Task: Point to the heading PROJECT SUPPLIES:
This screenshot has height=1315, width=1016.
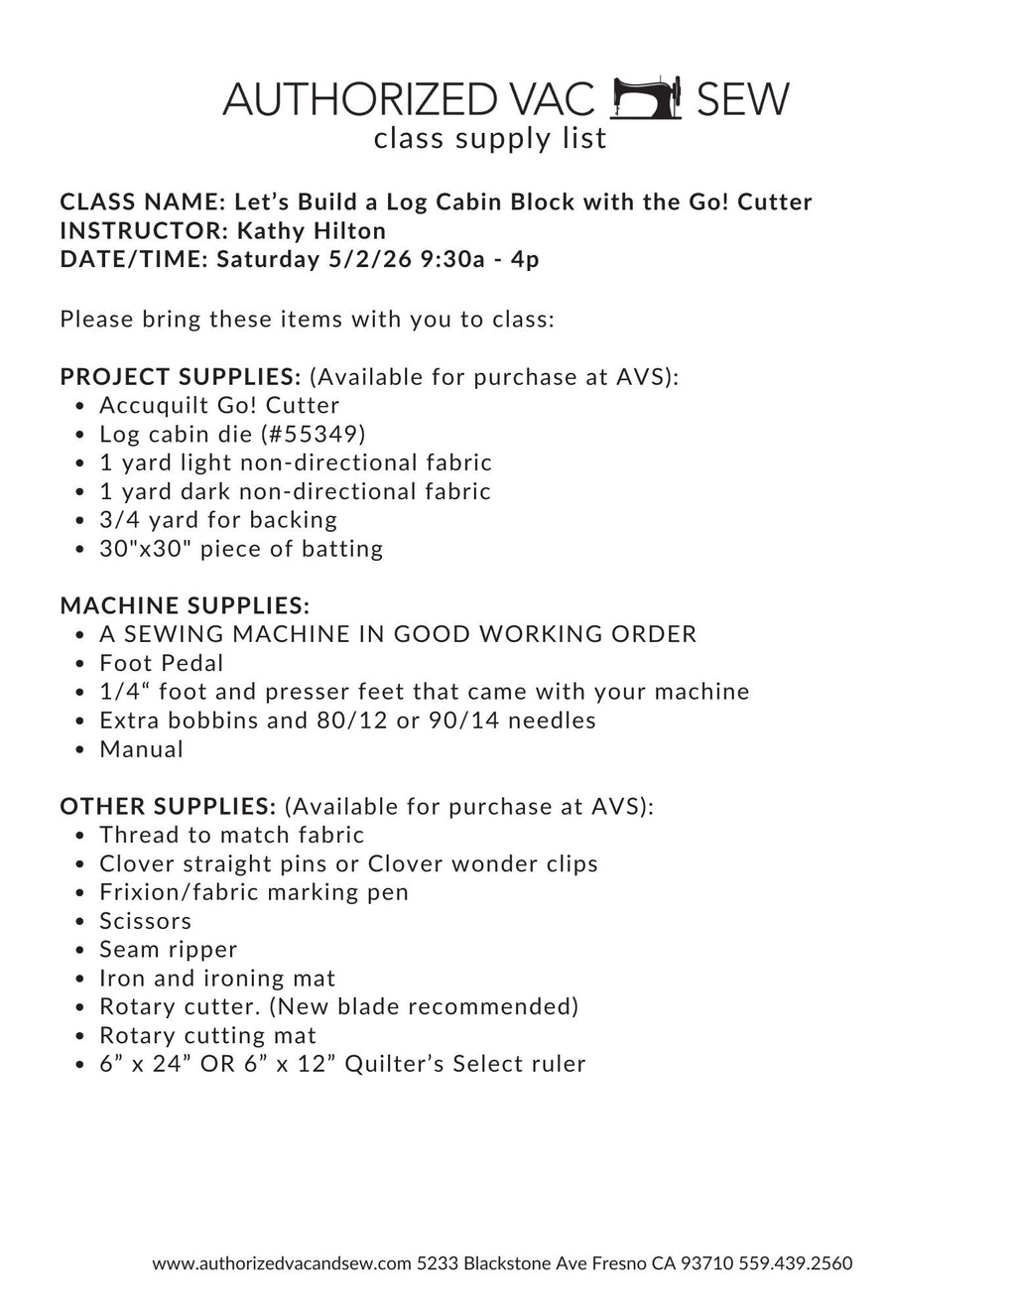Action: (181, 377)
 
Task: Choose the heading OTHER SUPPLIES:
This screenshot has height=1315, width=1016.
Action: (168, 806)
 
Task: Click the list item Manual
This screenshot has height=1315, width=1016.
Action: (142, 749)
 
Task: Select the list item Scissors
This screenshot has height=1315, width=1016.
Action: (146, 921)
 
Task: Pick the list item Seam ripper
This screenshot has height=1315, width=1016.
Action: (169, 950)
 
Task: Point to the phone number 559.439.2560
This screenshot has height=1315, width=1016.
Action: (796, 1263)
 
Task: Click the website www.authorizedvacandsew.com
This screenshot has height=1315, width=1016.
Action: (282, 1263)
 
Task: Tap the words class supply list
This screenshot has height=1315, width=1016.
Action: (490, 139)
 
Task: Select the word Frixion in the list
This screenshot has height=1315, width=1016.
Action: (137, 892)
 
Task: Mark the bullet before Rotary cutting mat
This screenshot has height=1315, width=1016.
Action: (79, 1036)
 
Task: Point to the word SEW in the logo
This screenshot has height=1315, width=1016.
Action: (742, 99)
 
